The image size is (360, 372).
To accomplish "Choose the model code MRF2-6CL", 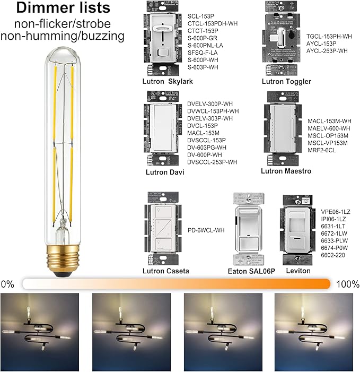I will pyautogui.click(x=322, y=151).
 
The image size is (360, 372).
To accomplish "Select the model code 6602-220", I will pyautogui.click(x=332, y=255).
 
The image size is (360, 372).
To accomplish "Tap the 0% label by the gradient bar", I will pyautogui.click(x=8, y=284).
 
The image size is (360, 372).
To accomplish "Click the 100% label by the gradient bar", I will pyautogui.click(x=347, y=284).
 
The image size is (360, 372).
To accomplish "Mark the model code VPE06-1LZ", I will pyautogui.click(x=336, y=211).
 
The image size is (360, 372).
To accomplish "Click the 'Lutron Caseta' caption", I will pyautogui.click(x=165, y=271).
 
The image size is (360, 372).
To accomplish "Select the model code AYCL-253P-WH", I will pyautogui.click(x=327, y=51).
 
